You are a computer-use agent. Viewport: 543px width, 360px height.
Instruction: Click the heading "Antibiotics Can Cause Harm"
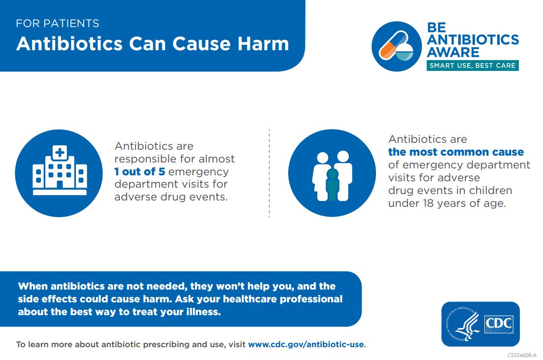tap(152, 44)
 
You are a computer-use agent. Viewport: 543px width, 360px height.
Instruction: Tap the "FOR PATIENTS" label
tap(57, 23)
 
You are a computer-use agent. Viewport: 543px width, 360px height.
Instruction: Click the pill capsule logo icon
tap(397, 46)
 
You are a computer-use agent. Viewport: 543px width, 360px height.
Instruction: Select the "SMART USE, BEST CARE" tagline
tap(472, 65)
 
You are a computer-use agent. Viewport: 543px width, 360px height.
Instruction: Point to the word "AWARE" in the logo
tap(453, 52)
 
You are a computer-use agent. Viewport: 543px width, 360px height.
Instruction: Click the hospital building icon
tap(59, 173)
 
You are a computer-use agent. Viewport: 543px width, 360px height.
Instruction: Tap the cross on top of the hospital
tap(60, 152)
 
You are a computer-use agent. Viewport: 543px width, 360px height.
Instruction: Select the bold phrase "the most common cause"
tap(456, 152)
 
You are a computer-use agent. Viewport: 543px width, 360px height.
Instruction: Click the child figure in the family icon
tap(333, 184)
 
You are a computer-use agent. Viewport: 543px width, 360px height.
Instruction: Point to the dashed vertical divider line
tap(269, 173)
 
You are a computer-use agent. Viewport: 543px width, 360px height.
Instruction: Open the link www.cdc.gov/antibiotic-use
tap(305, 344)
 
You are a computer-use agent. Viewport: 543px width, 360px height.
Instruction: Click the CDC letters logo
tap(499, 324)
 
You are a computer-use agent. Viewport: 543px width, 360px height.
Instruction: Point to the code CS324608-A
tap(522, 355)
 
